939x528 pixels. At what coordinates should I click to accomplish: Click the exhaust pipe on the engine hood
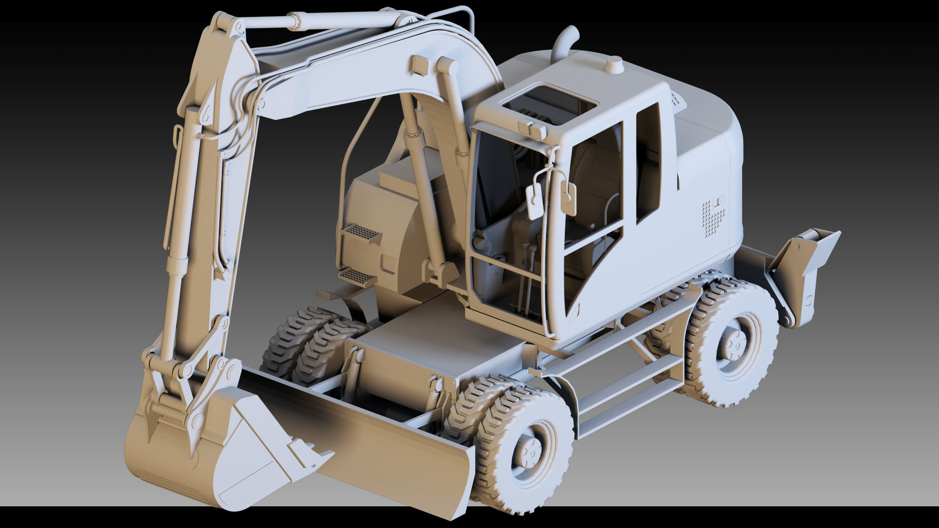pyautogui.click(x=564, y=43)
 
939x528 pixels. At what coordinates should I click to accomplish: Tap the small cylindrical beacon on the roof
pyautogui.click(x=614, y=65)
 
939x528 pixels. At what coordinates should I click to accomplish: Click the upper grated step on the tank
pyautogui.click(x=361, y=233)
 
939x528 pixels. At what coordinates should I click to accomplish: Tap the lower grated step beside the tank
pyautogui.click(x=357, y=275)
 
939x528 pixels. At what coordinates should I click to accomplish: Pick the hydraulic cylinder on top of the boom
pyautogui.click(x=321, y=21)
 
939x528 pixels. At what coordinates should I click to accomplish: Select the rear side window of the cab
pyautogui.click(x=648, y=165)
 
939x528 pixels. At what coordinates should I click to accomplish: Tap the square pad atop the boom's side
pyautogui.click(x=420, y=65)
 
